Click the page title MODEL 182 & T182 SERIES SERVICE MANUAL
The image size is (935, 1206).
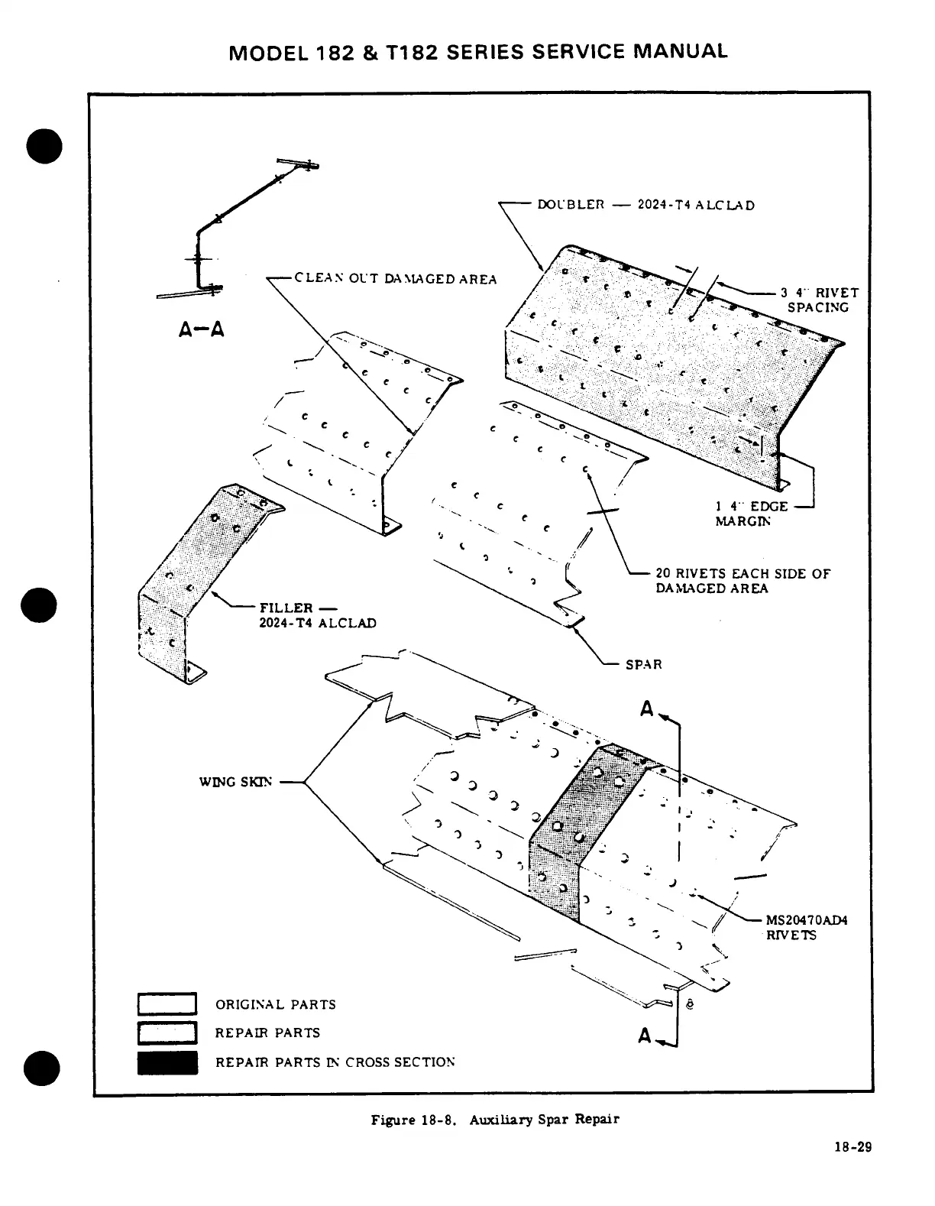tap(478, 51)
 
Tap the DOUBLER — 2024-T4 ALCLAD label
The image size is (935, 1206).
tap(645, 205)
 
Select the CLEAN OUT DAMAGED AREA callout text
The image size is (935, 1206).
tap(395, 279)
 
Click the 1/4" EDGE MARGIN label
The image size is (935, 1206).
tap(751, 514)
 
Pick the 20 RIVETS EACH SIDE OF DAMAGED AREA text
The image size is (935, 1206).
tap(742, 581)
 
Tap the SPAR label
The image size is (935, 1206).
tap(643, 665)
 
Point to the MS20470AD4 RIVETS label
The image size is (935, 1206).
tap(806, 927)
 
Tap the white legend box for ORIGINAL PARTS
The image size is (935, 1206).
tap(167, 1003)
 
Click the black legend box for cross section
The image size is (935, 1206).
tap(167, 1062)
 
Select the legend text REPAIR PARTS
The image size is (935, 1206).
tap(267, 1033)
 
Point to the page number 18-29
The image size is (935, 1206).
tap(852, 1147)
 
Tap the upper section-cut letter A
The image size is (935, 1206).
tap(647, 710)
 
